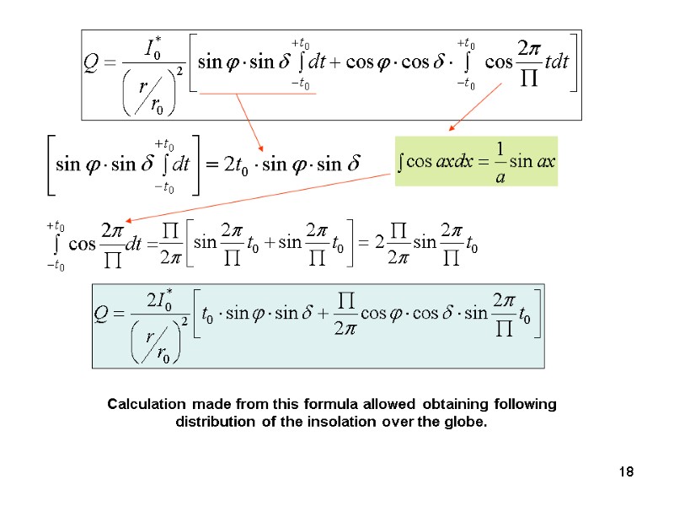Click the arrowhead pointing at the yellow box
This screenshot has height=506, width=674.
click(x=451, y=129)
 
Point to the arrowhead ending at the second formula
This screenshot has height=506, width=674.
click(x=260, y=148)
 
